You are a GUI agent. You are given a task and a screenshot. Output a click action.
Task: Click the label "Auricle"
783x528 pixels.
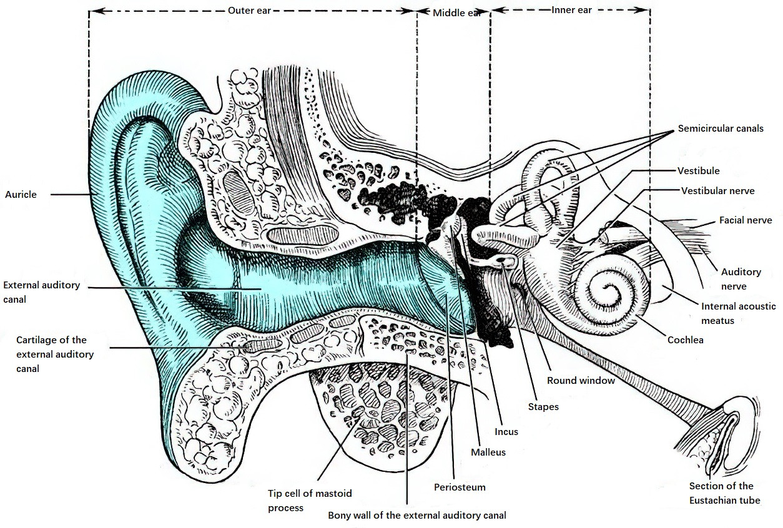pos(21,195)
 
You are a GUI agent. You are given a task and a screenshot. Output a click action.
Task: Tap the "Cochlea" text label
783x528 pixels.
pos(685,340)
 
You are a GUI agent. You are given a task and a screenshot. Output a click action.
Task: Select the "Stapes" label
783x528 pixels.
pos(543,407)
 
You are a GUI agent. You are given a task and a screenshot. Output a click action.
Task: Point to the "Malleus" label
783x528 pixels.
pos(488,452)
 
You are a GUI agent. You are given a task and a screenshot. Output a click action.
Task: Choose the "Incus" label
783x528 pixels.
pos(506,431)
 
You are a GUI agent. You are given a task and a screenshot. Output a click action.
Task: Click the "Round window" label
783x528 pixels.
pos(581,381)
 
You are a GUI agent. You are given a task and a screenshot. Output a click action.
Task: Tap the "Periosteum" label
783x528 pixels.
pos(460,487)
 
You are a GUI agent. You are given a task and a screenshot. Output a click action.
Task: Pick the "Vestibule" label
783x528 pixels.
pos(699,171)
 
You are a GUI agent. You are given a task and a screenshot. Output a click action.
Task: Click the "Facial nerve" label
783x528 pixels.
pos(746,220)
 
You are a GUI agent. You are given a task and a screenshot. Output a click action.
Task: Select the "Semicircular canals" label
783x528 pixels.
pos(721,129)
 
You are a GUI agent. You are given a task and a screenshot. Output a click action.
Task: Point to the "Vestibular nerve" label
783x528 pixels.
pos(717,191)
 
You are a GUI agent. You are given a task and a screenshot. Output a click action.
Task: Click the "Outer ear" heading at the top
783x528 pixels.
pos(249,11)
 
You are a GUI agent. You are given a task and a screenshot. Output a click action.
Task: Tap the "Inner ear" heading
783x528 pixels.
pos(571,10)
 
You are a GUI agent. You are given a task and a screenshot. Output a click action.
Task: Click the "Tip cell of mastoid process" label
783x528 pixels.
pos(310,501)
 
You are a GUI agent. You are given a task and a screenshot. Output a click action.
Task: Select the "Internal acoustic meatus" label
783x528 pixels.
pos(738,313)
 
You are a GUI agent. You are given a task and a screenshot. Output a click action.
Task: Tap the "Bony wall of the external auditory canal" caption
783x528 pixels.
pos(417,516)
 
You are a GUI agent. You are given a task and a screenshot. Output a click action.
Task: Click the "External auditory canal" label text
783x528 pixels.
pos(42,292)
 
